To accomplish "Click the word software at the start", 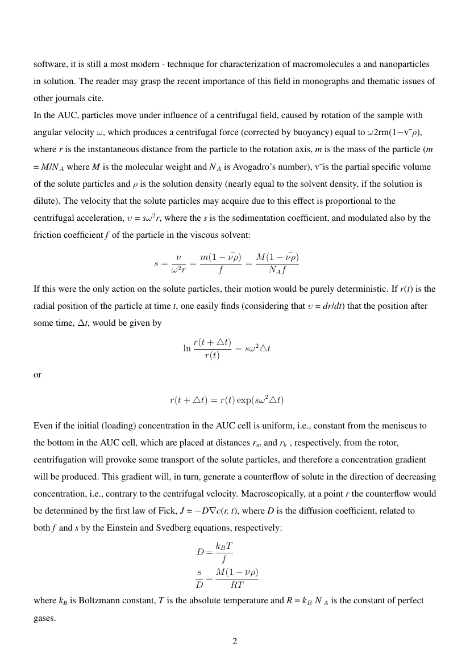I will pos(49,64).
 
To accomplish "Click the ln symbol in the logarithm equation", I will pos(187,348).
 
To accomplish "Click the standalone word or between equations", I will pos(38,375).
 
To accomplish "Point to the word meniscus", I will pos(397,425).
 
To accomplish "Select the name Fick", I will pos(165,510).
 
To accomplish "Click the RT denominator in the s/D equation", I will pos(237,585).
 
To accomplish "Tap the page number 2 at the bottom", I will pos(235,641).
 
